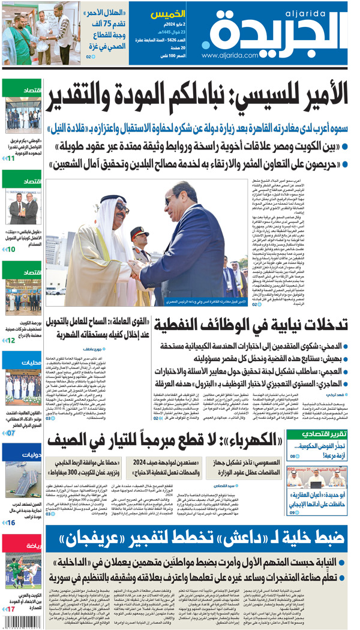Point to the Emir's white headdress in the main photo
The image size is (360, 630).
(114, 204)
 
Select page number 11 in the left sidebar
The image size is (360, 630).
(10, 158)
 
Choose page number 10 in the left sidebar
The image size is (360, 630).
(10, 249)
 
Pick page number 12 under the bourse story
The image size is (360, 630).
(10, 340)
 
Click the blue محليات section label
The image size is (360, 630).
(31, 362)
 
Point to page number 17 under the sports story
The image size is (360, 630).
(10, 609)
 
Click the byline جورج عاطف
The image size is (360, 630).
(94, 349)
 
